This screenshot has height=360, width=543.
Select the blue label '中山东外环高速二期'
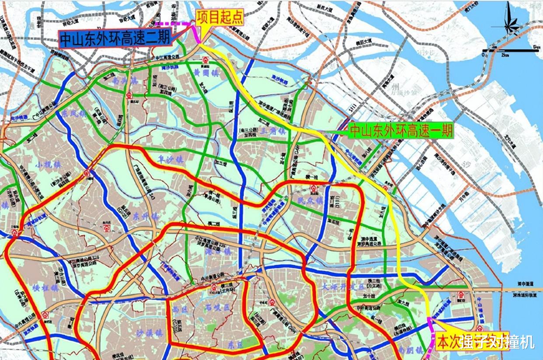click(115, 39)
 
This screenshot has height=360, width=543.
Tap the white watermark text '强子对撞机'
click(497, 341)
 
